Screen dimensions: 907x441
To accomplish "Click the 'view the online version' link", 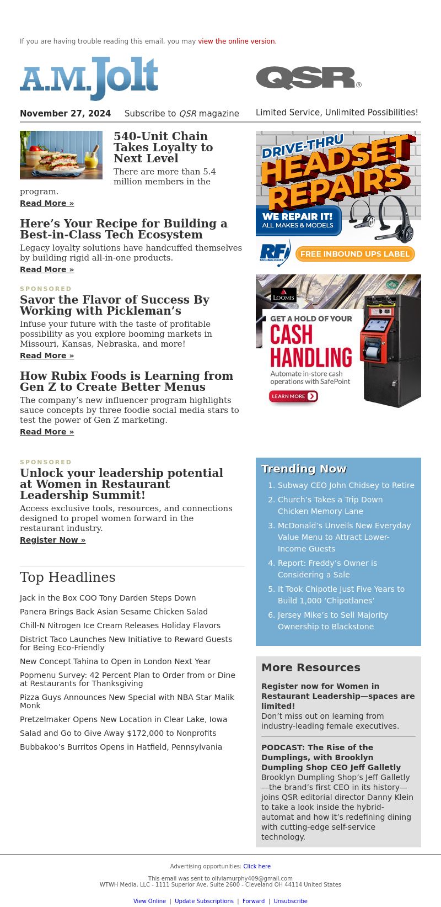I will pyautogui.click(x=236, y=41).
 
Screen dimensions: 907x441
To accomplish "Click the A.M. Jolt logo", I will pyautogui.click(x=89, y=78).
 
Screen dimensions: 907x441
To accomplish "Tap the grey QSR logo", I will pyautogui.click(x=308, y=78).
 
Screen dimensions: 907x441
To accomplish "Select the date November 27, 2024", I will pyautogui.click(x=65, y=114).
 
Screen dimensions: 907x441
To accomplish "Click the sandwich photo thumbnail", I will pyautogui.click(x=61, y=155).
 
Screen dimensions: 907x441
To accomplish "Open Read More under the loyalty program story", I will pyautogui.click(x=47, y=203).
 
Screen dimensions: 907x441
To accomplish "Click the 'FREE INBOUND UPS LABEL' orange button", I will pyautogui.click(x=355, y=254).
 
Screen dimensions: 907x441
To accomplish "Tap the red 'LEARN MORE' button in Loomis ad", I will pyautogui.click(x=293, y=396).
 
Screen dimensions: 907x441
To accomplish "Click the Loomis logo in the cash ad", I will pyautogui.click(x=283, y=295).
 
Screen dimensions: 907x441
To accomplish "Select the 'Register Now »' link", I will pyautogui.click(x=52, y=540).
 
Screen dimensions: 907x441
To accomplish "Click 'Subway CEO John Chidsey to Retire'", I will pyautogui.click(x=346, y=485).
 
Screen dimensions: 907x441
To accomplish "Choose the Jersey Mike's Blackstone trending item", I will pyautogui.click(x=332, y=620).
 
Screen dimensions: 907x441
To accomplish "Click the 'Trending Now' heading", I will pyautogui.click(x=304, y=469).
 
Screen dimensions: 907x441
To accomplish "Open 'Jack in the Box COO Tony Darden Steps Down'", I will pyautogui.click(x=107, y=598).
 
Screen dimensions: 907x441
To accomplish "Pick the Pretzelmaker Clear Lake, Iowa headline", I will pyautogui.click(x=123, y=719).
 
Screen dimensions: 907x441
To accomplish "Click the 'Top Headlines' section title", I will pyautogui.click(x=68, y=577).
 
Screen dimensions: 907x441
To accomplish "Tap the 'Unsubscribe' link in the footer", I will pyautogui.click(x=291, y=901).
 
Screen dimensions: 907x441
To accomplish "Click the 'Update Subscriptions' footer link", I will pyautogui.click(x=204, y=901).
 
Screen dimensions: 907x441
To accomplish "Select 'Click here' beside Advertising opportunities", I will pyautogui.click(x=257, y=866).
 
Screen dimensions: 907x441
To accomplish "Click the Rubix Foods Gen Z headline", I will pyautogui.click(x=126, y=381).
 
